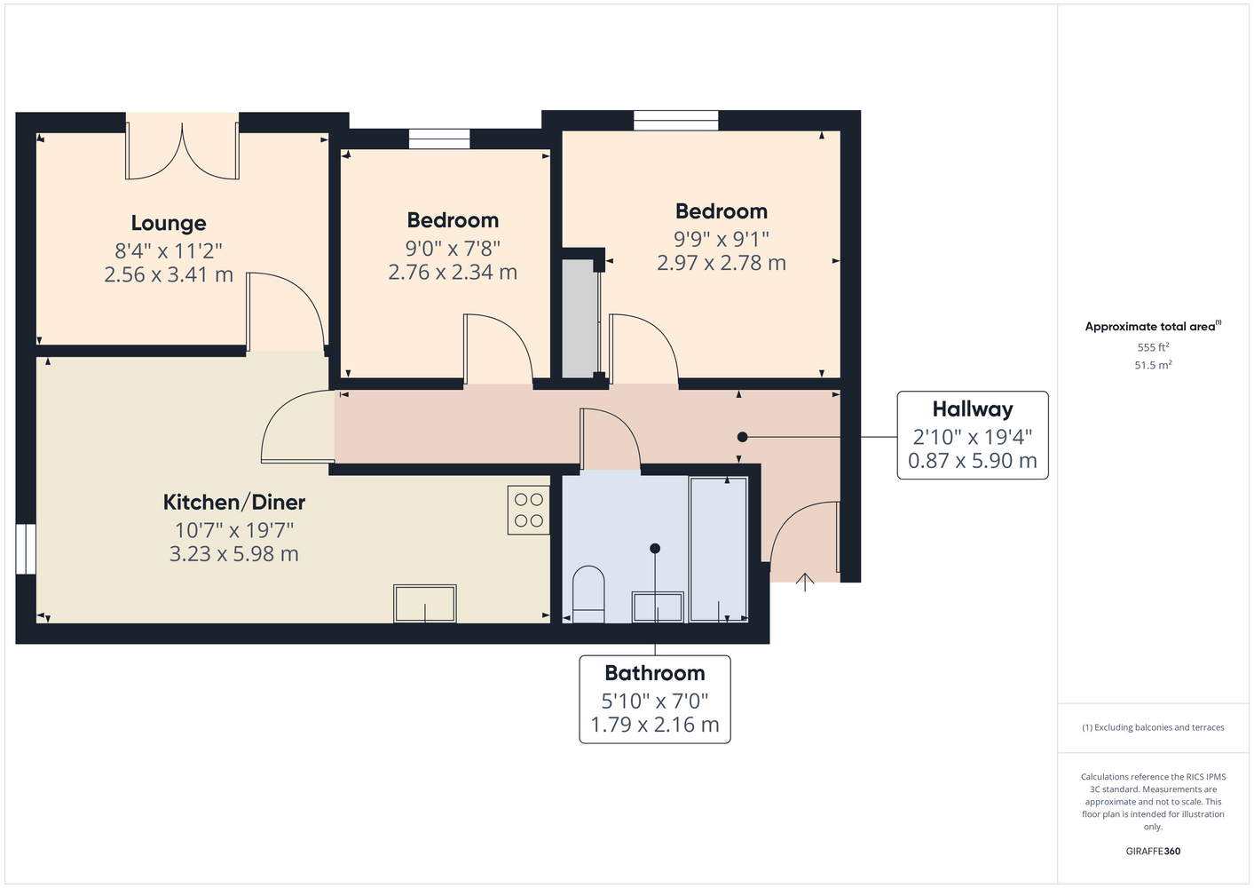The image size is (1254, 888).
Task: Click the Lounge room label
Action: [169, 223]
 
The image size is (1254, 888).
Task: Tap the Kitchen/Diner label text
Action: [234, 502]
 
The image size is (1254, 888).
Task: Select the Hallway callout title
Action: [973, 409]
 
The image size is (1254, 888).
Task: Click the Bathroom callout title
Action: [654, 673]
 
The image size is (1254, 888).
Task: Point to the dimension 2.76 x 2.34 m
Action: [453, 273]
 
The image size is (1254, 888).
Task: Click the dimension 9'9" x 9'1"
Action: [721, 239]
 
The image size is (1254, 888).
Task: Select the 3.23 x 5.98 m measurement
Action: [234, 554]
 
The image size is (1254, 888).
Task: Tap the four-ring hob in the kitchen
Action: [528, 510]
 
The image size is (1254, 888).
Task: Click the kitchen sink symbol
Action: [425, 603]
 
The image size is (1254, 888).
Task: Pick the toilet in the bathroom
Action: [588, 594]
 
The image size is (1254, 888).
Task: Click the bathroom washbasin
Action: [658, 607]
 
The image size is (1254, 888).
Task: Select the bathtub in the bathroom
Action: [718, 549]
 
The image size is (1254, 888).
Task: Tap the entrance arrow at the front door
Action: [805, 583]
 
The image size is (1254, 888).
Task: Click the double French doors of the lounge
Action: [183, 147]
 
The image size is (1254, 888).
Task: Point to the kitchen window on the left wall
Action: [26, 549]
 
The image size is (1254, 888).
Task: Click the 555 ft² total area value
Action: [1153, 347]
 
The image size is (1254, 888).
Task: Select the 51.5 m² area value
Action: [1153, 365]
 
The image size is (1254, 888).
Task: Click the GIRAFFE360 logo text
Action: [1153, 851]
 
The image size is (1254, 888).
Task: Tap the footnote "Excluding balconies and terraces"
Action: [1159, 727]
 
